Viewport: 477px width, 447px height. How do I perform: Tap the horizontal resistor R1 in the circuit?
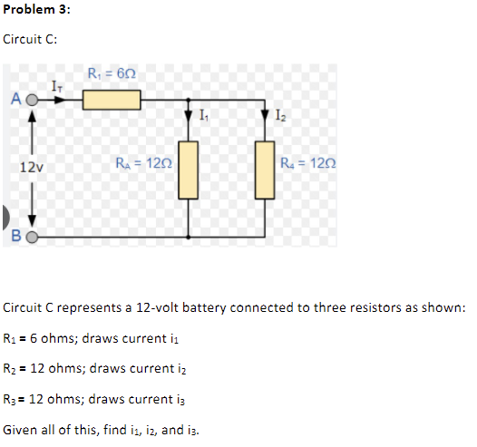click(x=111, y=99)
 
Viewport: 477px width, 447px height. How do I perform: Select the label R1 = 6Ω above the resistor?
click(x=112, y=73)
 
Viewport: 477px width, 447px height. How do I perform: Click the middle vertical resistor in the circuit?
click(x=189, y=170)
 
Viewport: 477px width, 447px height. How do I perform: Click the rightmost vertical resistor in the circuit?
click(x=265, y=170)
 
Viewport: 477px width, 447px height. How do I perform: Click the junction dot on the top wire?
click(x=189, y=100)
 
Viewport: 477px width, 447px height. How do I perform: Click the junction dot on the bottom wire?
click(x=189, y=238)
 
